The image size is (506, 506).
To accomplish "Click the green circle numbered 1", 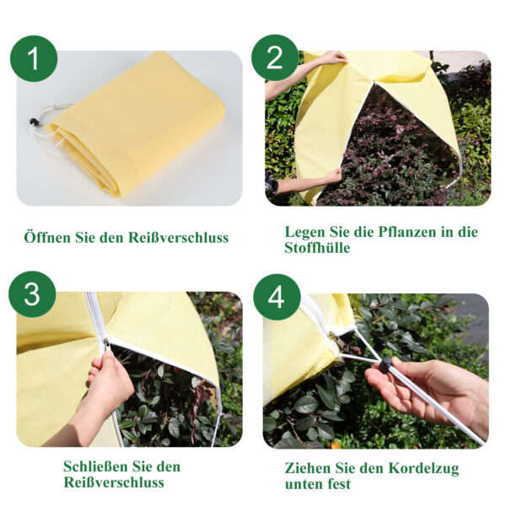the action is (x=34, y=59).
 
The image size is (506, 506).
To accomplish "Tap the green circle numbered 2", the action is (x=275, y=57).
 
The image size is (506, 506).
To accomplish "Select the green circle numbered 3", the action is (x=32, y=294).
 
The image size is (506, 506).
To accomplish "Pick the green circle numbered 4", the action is (x=277, y=297).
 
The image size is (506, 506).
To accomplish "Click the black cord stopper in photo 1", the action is (x=34, y=121).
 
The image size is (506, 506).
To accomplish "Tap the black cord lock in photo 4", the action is (x=385, y=365).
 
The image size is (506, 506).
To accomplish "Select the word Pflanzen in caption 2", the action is (x=407, y=233).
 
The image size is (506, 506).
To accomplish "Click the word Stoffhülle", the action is (x=317, y=248).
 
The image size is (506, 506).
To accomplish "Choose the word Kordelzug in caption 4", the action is (x=423, y=469).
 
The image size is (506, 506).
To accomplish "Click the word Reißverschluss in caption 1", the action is (x=178, y=238).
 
